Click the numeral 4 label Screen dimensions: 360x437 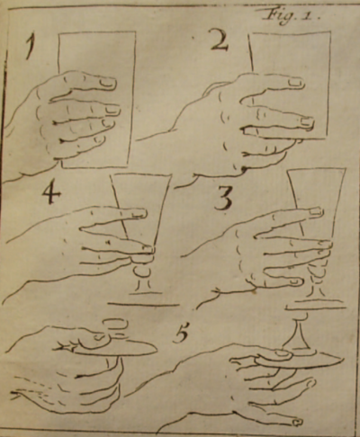[51, 192]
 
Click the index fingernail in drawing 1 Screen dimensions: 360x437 [108, 82]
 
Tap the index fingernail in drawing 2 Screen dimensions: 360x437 [295, 82]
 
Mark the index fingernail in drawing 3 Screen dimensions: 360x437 [316, 211]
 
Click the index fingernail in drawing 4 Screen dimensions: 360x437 [139, 213]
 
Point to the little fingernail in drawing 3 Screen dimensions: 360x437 [295, 281]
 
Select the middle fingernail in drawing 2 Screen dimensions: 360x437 [307, 121]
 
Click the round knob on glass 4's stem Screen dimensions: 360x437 [140, 272]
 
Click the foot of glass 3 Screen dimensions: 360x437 [316, 307]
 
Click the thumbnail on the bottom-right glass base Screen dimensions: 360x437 [282, 354]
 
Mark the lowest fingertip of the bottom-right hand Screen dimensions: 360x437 [297, 422]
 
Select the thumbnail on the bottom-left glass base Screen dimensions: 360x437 [100, 337]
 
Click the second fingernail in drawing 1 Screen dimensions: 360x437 [112, 111]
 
